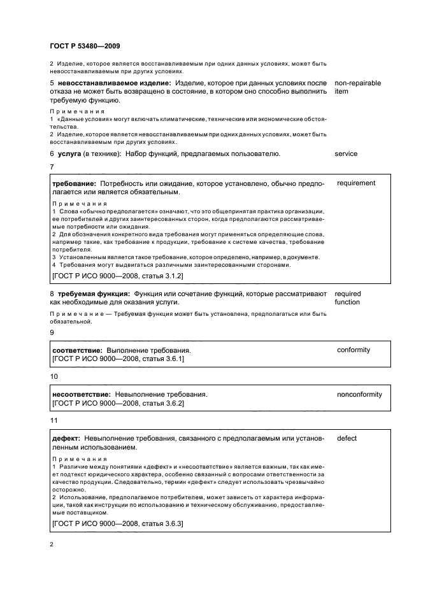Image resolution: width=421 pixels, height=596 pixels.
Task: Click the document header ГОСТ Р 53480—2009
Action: pos(85,46)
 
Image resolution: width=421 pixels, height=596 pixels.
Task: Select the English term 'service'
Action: pos(346,154)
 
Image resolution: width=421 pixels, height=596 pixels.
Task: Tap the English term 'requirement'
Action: pos(356,183)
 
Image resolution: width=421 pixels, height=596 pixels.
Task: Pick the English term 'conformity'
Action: pos(353,350)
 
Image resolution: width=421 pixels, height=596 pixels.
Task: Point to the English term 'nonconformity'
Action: pos(359,394)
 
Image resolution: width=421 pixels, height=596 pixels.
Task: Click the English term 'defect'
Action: pos(346,439)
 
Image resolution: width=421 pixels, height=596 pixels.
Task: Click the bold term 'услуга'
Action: pos(70,154)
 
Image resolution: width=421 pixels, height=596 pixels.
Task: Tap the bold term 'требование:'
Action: pos(74,183)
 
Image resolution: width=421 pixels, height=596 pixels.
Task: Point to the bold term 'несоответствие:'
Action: pos(82,394)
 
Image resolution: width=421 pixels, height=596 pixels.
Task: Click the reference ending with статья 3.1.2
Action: pos(108,275)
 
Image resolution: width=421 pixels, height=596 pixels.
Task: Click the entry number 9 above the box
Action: pos(52,332)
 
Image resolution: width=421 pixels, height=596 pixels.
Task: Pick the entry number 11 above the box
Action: pos(54,421)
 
